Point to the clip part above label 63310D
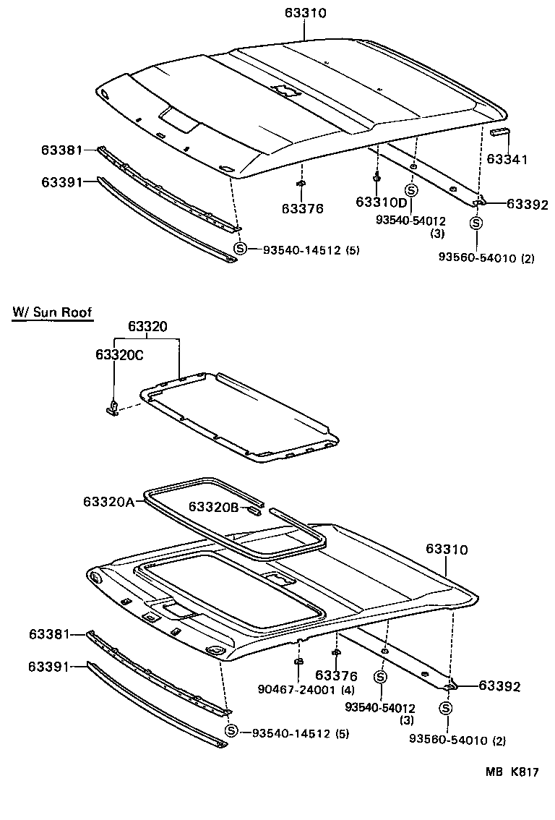(x=377, y=176)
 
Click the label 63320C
(x=119, y=354)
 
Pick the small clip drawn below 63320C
(x=113, y=409)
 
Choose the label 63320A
(x=108, y=502)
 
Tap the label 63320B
(x=213, y=507)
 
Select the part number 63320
(x=148, y=326)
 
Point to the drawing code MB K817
(x=512, y=772)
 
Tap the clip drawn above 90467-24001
(x=298, y=662)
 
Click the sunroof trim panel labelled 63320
(x=238, y=419)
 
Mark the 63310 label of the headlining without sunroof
(x=306, y=13)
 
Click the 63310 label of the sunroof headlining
(x=446, y=550)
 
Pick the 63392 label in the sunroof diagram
(x=499, y=686)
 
